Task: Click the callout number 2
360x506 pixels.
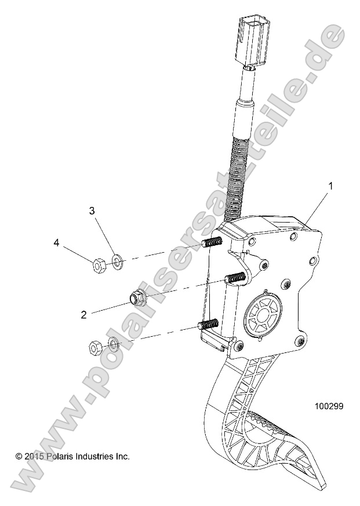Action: tap(84, 315)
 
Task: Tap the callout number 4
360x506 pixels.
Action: tap(57, 243)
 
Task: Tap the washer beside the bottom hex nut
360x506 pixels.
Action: tap(114, 347)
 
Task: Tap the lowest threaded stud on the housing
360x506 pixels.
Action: tap(207, 325)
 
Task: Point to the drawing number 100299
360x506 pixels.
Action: tap(329, 406)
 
